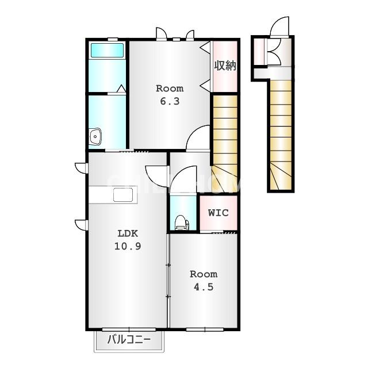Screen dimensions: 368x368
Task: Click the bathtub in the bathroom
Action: [x=107, y=50]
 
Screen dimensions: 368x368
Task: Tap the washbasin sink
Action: [x=95, y=136]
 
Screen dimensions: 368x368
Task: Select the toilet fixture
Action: [x=182, y=223]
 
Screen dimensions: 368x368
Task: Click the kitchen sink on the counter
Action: [x=123, y=195]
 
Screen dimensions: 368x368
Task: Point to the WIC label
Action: [x=218, y=213]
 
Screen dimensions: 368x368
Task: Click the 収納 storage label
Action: [x=225, y=66]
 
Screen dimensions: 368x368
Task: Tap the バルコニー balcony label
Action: [x=129, y=340]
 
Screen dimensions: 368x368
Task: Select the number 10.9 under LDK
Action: [x=128, y=246]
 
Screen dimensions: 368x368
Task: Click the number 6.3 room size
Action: [x=170, y=101]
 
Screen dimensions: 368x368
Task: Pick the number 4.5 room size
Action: [x=204, y=287]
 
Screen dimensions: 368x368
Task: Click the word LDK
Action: [x=128, y=233]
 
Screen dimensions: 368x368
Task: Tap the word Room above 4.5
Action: [x=204, y=274]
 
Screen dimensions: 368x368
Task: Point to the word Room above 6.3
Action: [x=170, y=89]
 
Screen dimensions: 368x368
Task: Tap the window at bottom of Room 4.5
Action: [x=205, y=329]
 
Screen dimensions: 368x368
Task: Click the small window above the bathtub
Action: [x=113, y=40]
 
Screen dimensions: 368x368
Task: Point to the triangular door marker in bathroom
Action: [x=121, y=89]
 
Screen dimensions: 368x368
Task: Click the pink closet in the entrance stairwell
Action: [x=259, y=51]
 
